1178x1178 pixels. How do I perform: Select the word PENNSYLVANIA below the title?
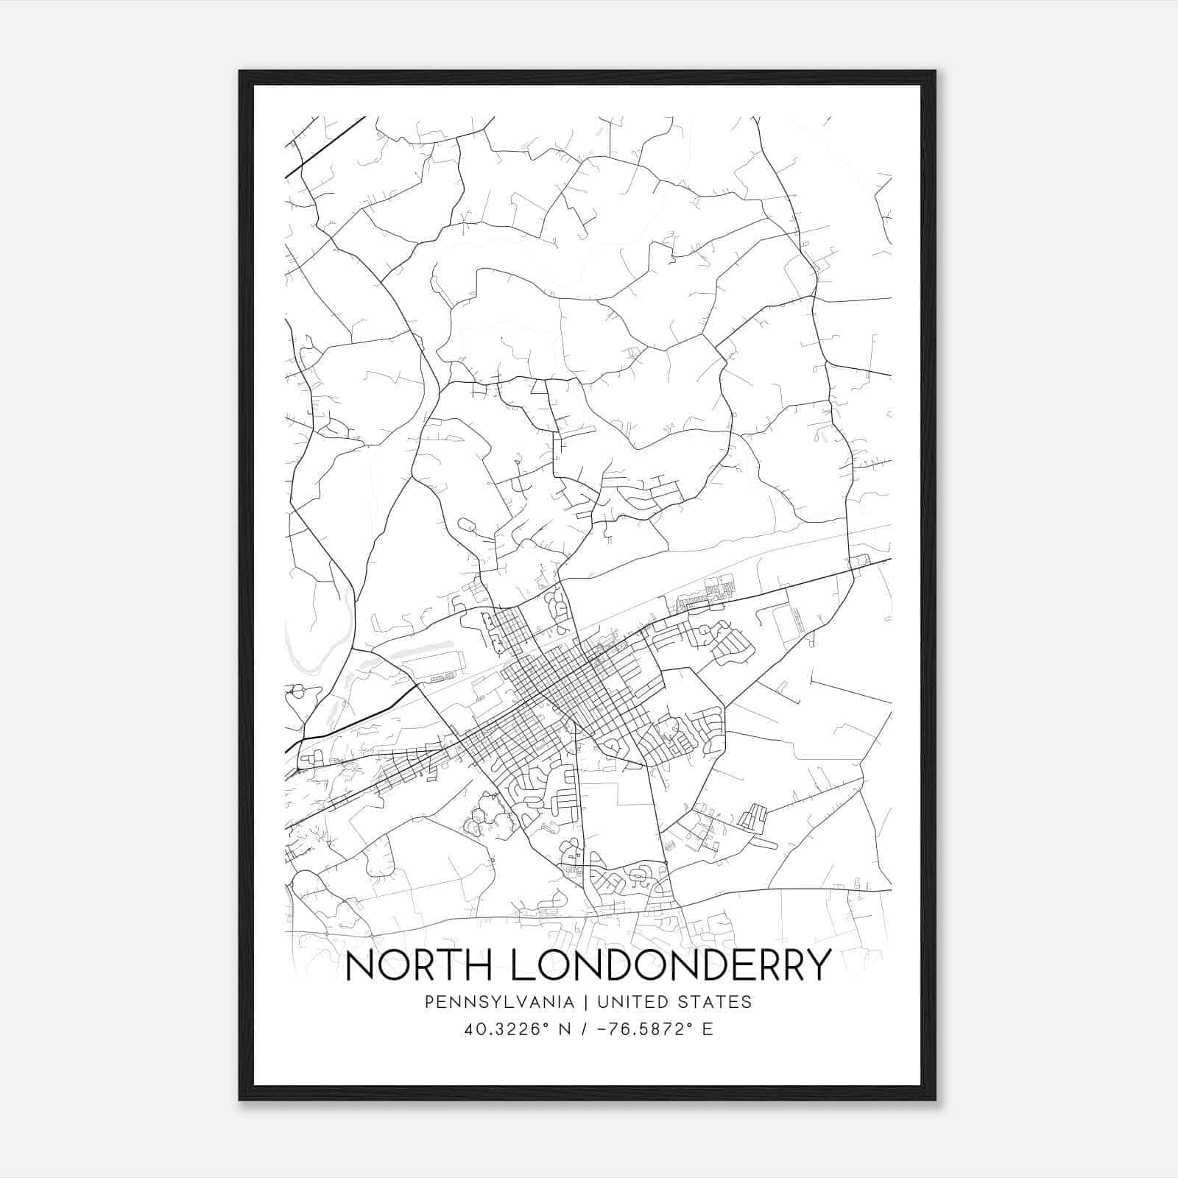pyautogui.click(x=489, y=1002)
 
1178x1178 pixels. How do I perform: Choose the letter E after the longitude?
pyautogui.click(x=708, y=1029)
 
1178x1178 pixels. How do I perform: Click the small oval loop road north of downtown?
pyautogui.click(x=467, y=525)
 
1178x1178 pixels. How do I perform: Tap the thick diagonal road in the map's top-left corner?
pyautogui.click(x=324, y=147)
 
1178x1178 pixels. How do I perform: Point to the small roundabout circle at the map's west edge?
pyautogui.click(x=298, y=691)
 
